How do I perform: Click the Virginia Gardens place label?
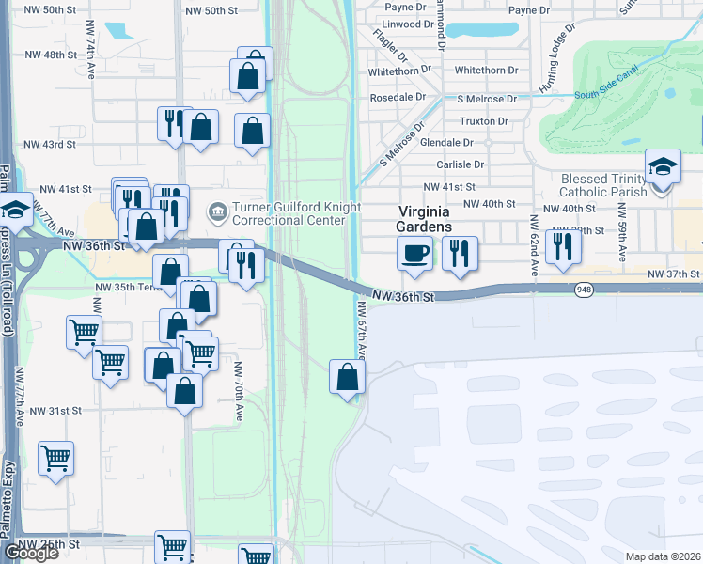[425, 219]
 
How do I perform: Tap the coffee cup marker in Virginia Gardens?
[414, 252]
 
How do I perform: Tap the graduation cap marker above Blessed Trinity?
[663, 166]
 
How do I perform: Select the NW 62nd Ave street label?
[532, 243]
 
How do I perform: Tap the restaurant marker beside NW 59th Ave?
[562, 245]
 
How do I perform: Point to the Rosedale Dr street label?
[399, 97]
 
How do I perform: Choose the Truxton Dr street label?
[484, 121]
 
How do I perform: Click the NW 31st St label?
[56, 411]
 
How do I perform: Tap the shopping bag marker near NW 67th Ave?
[347, 377]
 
